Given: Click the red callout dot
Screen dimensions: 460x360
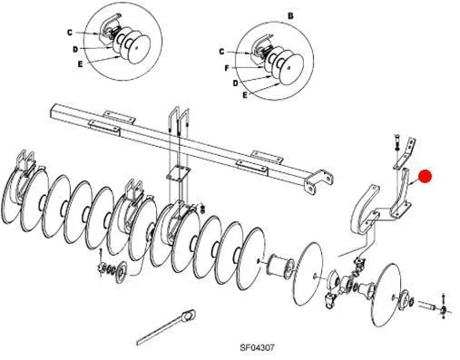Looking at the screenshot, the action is point(425,177).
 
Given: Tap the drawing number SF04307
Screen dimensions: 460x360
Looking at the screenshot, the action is point(258,347).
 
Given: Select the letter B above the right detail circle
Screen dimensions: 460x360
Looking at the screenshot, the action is point(290,16).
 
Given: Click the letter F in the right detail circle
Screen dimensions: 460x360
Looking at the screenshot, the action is point(227,68).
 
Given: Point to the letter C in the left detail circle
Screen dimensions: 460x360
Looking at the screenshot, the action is point(70,33).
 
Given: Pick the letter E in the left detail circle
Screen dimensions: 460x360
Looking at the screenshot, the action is point(80,64).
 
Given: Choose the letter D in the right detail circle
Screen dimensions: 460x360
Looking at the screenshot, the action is point(236,83).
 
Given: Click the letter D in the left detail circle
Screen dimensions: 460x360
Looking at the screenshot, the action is point(75,49).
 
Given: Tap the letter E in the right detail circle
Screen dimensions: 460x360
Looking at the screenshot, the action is point(245,95).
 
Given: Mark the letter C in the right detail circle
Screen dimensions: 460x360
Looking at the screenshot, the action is point(221,52).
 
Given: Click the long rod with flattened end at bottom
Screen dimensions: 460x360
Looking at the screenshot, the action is point(166,327).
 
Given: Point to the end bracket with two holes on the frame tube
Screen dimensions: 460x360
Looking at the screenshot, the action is point(318,180).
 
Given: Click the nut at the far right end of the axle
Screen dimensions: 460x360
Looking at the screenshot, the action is point(444,309).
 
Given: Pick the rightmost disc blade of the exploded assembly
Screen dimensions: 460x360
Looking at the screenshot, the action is point(388,294).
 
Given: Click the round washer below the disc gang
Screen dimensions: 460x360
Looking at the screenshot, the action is point(122,272).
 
